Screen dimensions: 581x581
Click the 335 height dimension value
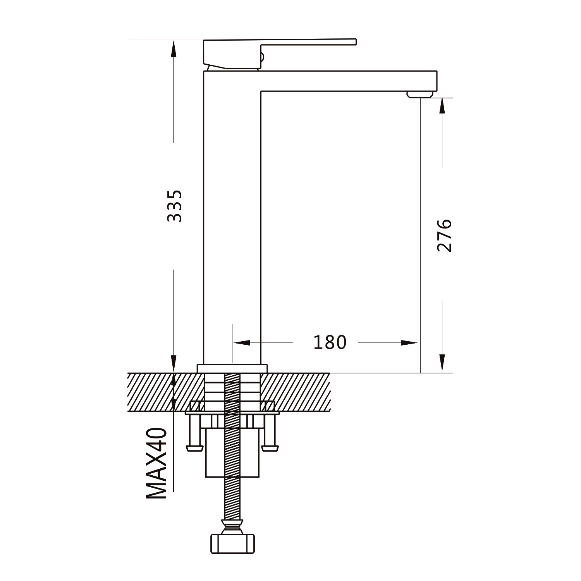pos(174,206)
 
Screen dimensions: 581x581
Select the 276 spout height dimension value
pos(444,235)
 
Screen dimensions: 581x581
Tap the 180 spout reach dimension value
pos(330,342)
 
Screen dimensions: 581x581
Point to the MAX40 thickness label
pos(157,464)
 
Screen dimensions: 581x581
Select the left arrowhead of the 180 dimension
pos(241,343)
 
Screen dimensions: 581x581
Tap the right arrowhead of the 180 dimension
pos(409,343)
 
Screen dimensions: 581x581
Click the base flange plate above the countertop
pos(232,368)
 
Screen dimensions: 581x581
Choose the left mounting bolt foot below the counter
pos(195,448)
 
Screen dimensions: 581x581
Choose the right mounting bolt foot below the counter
pos(270,448)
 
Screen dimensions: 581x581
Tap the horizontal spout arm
pos(349,81)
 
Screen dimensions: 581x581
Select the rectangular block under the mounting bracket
pos(232,452)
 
